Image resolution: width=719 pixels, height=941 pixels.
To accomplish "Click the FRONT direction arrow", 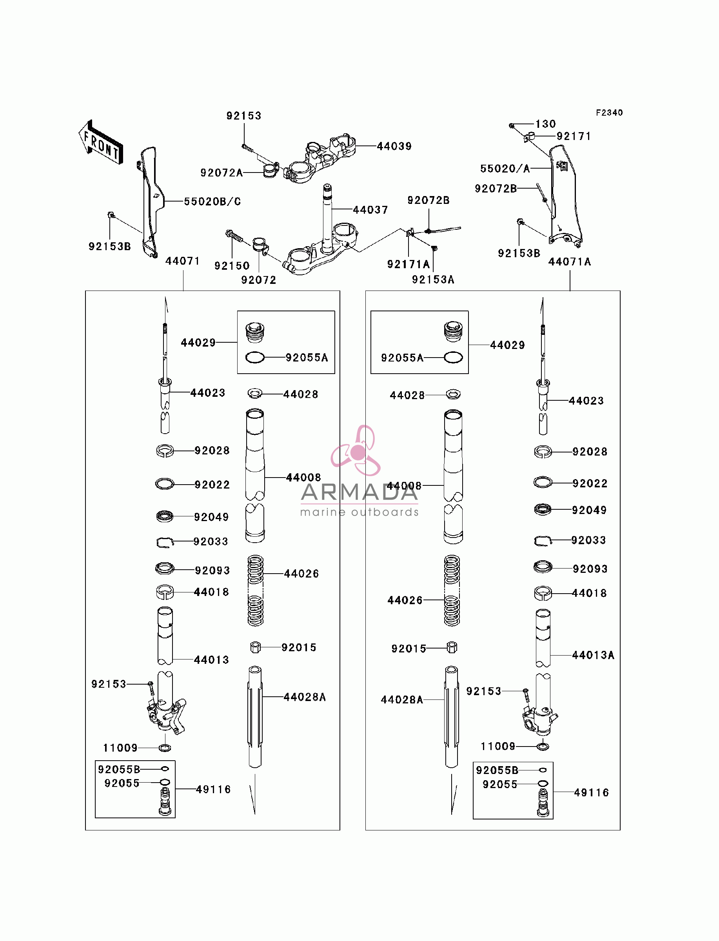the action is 101,142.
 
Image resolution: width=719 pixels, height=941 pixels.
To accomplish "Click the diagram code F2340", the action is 610,113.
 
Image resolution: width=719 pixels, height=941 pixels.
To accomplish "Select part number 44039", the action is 394,146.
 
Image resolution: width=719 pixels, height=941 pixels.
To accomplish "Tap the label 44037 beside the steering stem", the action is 370,210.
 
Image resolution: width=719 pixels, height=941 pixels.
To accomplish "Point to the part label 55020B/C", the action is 212,202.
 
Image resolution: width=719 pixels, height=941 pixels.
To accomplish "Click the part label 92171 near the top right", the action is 574,136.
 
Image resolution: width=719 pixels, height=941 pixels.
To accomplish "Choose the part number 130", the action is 546,124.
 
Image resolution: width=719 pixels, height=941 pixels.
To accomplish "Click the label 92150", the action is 232,266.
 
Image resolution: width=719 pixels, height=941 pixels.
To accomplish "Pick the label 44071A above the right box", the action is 570,262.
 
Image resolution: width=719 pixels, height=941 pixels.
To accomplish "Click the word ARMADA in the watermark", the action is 359,492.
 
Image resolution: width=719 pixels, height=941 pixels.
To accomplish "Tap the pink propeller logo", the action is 356,451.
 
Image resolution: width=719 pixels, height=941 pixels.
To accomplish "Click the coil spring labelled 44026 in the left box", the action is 256,590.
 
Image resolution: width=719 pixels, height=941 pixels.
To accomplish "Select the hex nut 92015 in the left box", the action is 256,647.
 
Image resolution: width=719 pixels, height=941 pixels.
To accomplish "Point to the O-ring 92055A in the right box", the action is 453,357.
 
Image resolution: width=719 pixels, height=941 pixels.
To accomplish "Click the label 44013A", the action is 593,655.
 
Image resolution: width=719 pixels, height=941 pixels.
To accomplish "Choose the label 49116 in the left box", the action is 213,790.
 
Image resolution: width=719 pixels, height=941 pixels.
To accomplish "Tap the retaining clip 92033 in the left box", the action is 165,543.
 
